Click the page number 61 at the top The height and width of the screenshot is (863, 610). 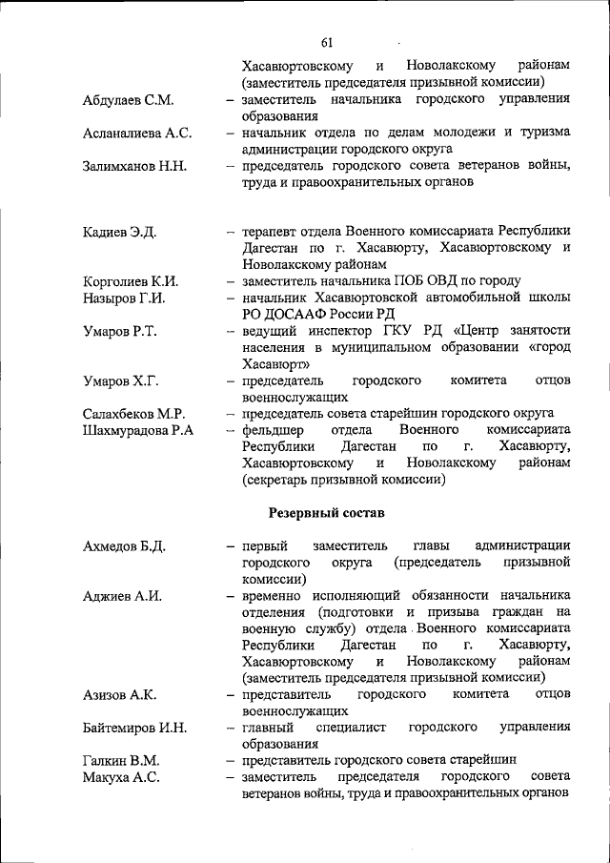(x=327, y=43)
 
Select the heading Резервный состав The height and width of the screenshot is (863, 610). (x=327, y=513)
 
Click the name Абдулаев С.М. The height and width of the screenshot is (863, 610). (x=127, y=99)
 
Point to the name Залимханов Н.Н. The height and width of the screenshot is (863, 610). (x=133, y=166)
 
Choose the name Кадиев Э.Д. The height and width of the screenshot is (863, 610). (x=119, y=232)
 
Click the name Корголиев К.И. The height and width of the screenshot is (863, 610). (x=131, y=281)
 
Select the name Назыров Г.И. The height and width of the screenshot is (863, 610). (x=124, y=298)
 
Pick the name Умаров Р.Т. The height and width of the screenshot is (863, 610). (x=119, y=331)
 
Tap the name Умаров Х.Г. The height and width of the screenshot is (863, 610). (x=120, y=381)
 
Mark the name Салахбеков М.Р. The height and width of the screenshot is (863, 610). (x=133, y=414)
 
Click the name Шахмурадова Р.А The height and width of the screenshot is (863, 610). (x=138, y=431)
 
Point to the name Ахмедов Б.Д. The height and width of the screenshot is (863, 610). (x=124, y=546)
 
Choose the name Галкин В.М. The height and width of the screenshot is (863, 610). (x=121, y=761)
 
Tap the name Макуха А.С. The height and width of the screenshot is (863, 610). (x=120, y=778)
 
